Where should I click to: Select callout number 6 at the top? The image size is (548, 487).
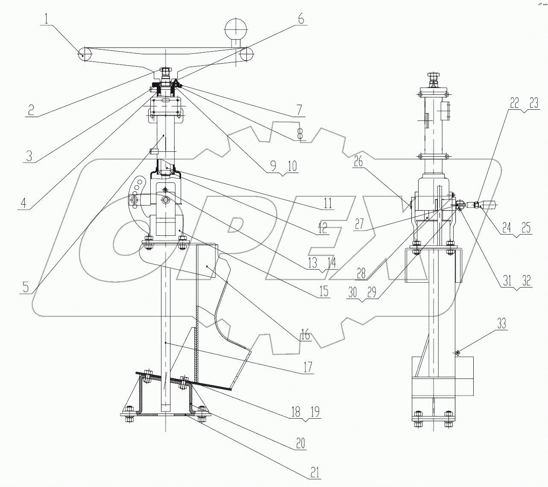coord(300,19)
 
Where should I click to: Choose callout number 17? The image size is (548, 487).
coord(308,366)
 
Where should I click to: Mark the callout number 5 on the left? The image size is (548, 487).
coord(26,287)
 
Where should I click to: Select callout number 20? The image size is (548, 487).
coord(301,443)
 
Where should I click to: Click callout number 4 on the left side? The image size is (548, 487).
coord(24,202)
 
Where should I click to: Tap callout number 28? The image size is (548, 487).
coord(361,273)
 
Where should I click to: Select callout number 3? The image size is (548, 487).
coord(29,155)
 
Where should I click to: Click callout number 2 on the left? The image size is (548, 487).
coord(31,110)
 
